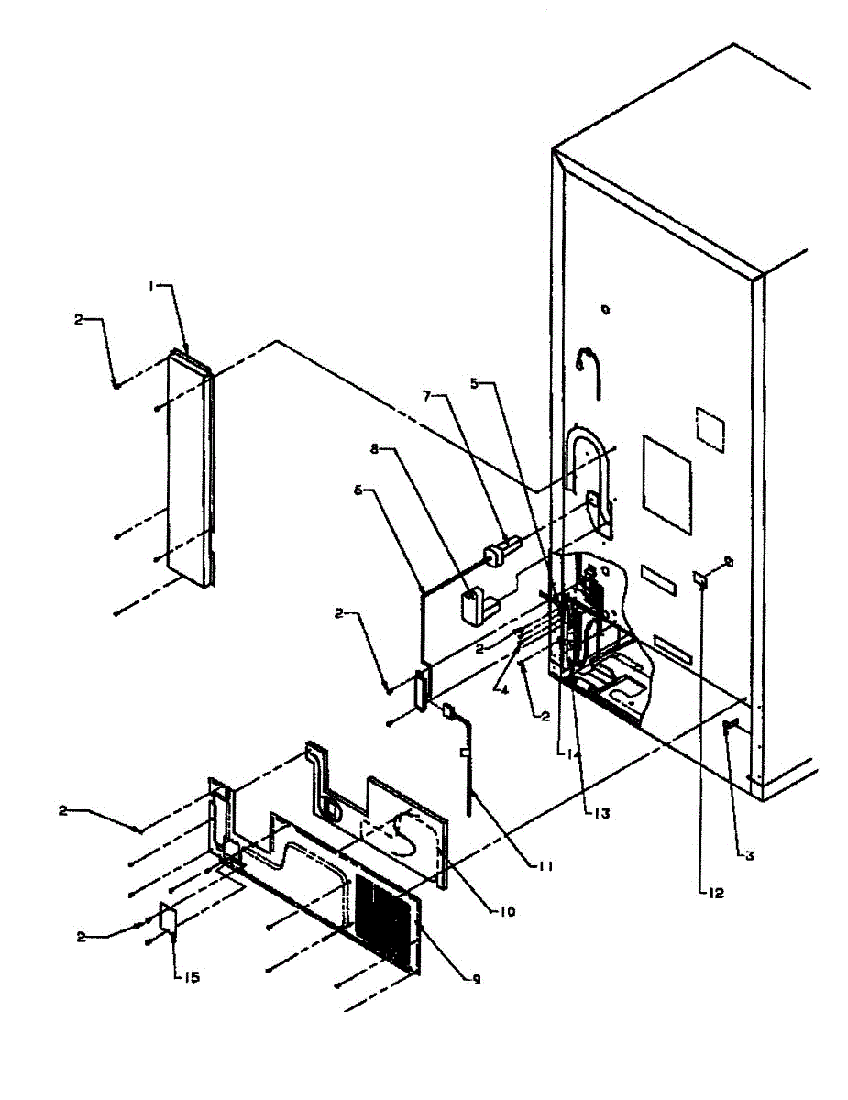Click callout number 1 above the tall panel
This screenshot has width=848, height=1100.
[x=153, y=286]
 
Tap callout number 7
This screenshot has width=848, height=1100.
[x=427, y=395]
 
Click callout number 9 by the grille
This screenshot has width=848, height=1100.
[x=476, y=980]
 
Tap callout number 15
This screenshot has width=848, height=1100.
[x=187, y=977]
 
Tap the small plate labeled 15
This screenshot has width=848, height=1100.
[x=168, y=918]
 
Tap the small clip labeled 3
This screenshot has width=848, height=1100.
[x=731, y=727]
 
